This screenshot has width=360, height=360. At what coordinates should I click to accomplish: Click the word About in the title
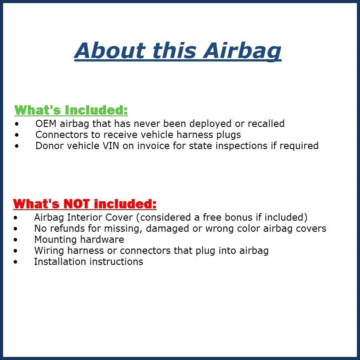tap(109, 50)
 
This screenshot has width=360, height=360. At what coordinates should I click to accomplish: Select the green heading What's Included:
tap(71, 110)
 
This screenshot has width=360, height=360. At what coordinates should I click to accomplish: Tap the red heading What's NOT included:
tap(84, 204)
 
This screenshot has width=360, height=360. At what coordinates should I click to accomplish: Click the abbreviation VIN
tap(125, 146)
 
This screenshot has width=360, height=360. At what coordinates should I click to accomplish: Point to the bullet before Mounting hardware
tap(16, 240)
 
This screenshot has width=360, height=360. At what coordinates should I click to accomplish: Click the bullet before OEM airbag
tap(17, 124)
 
